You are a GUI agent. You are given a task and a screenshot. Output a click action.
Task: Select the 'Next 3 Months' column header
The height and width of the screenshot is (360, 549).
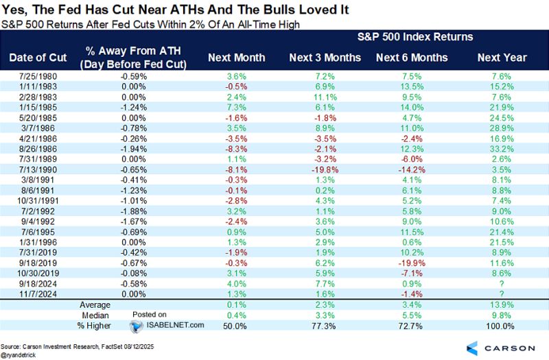click(x=325, y=57)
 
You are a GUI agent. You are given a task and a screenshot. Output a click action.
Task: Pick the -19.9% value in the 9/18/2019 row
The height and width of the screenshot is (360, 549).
click(x=412, y=263)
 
